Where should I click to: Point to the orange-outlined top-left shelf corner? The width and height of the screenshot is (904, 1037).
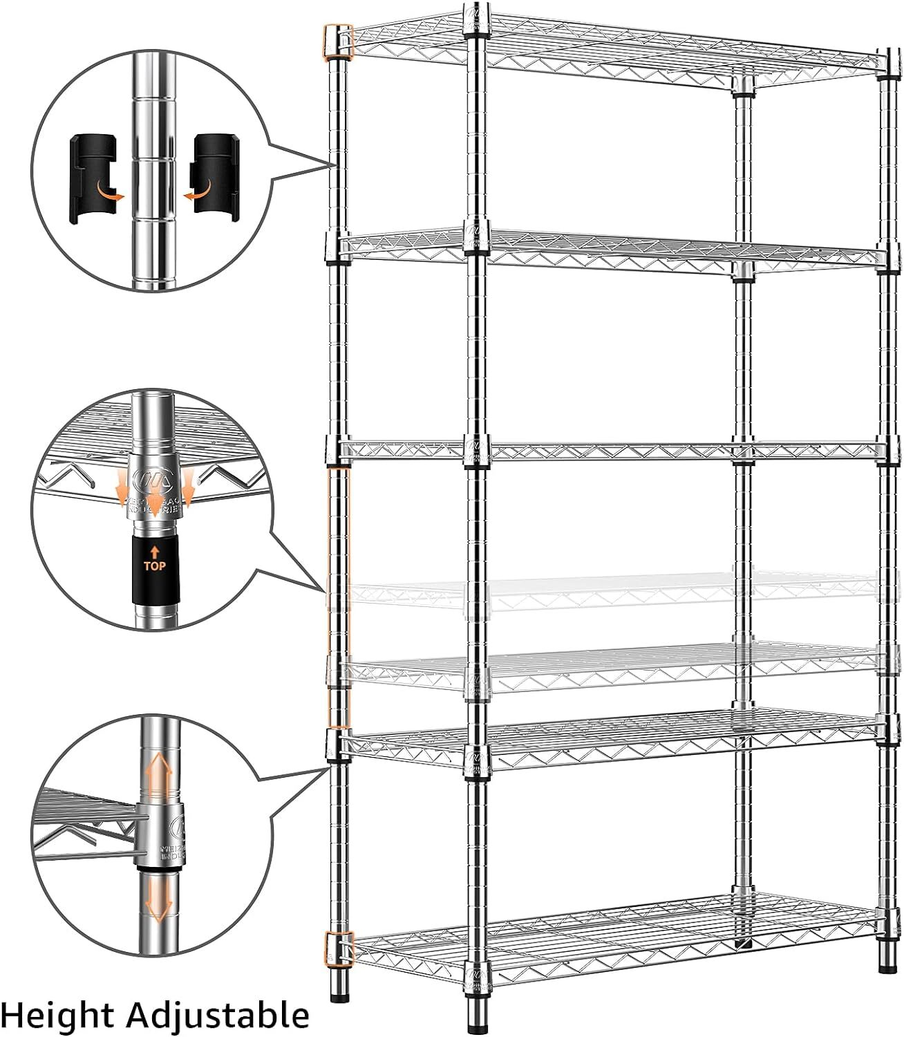coord(338,41)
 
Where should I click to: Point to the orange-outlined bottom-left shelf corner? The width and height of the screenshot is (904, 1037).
coord(339,948)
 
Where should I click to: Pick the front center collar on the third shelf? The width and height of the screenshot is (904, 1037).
coord(477,449)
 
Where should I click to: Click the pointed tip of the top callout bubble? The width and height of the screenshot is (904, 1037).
coord(330,166)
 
